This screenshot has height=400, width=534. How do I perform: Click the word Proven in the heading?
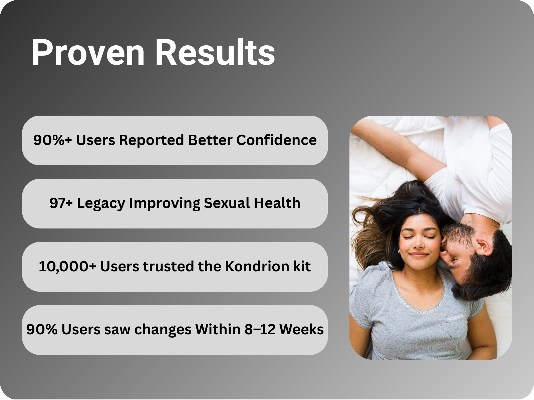coord(88,52)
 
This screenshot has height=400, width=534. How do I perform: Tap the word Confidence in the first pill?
coord(276,140)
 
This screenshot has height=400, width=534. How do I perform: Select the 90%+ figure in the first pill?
coord(52,140)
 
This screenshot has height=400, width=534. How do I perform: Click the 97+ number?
coord(61,203)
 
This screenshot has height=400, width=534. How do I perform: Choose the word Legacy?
coord(101,204)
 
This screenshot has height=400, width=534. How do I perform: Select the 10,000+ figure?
coord(67,267)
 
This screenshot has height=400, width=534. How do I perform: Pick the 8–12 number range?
coord(260,330)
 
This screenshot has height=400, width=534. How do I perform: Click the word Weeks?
coord(301,330)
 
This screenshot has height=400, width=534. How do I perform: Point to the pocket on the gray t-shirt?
coord(456,327)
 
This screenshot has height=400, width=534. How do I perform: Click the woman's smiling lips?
coord(419,255)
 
